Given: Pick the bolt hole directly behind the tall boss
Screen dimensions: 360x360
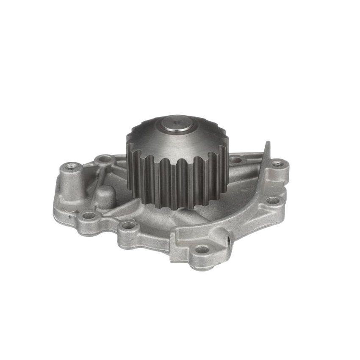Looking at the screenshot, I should (103, 160).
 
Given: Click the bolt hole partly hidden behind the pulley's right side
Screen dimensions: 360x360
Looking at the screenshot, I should (235, 161).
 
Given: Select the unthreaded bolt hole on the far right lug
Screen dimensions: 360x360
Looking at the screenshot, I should (273, 200).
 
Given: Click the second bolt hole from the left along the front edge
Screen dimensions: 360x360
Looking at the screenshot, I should (129, 225).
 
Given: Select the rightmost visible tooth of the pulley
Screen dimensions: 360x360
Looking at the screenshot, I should (226, 169).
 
